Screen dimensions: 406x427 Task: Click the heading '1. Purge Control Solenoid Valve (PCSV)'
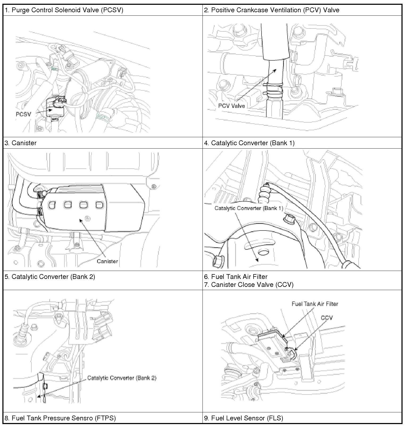point(64,10)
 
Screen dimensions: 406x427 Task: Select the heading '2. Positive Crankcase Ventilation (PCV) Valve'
point(272,10)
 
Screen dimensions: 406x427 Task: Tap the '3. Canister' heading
point(20,143)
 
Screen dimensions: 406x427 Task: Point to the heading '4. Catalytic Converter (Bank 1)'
point(249,143)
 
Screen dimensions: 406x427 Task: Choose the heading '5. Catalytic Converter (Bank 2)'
point(50,277)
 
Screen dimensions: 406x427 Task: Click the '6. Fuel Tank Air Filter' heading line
point(236,277)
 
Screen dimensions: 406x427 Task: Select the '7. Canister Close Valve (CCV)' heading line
point(249,285)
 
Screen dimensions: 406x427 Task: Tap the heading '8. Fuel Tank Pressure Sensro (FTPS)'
point(60,418)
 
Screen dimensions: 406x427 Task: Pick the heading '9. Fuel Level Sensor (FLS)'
point(243,418)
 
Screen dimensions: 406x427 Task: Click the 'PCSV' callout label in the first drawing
point(23,114)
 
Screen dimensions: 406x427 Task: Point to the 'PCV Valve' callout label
point(231,106)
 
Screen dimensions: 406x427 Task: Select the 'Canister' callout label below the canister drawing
point(107,261)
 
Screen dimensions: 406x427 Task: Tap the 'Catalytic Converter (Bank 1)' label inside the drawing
point(249,208)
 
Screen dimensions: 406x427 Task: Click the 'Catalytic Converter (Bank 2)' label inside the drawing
point(122,378)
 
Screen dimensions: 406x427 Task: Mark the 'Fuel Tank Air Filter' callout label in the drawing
point(315,304)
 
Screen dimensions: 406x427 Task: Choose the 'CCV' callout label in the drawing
point(327,318)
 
